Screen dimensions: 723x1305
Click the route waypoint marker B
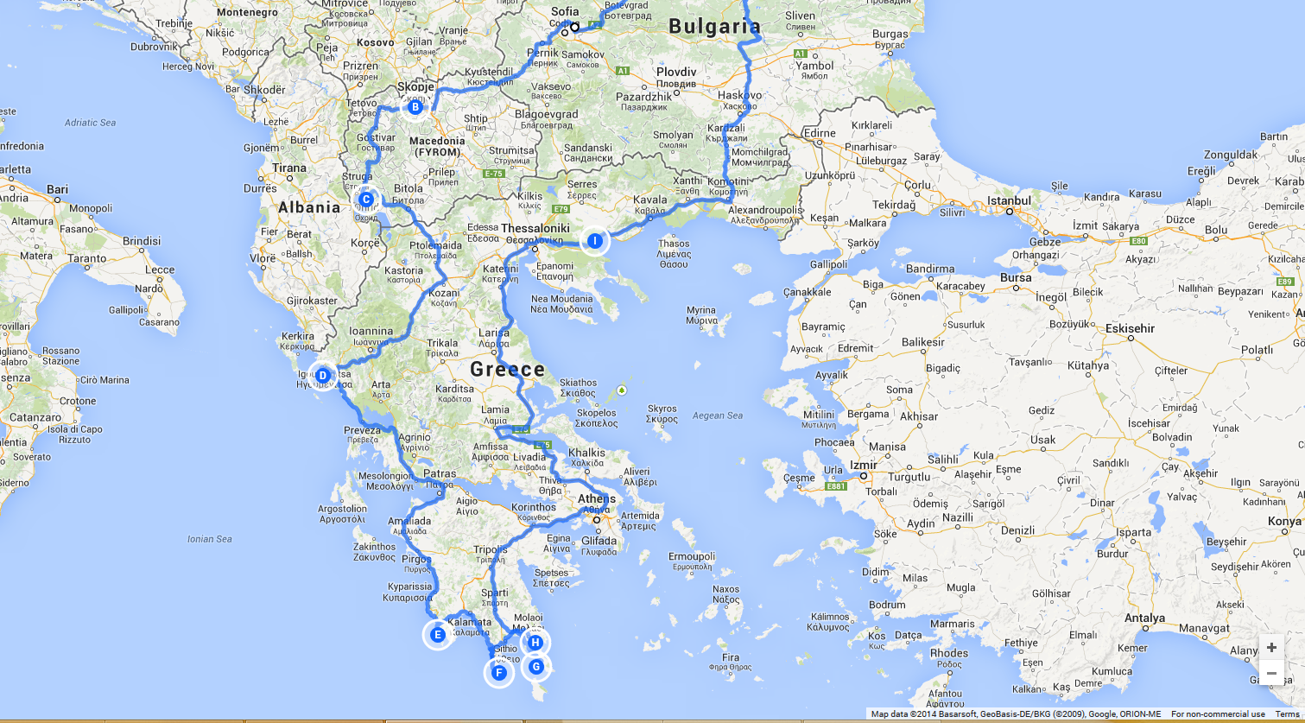pyautogui.click(x=415, y=107)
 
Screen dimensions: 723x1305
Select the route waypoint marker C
pyautogui.click(x=365, y=200)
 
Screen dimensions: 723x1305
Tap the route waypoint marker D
pyautogui.click(x=322, y=375)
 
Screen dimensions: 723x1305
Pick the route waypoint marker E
pyautogui.click(x=437, y=635)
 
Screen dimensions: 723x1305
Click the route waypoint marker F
pyautogui.click(x=498, y=673)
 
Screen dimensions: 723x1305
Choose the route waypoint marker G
pyautogui.click(x=536, y=666)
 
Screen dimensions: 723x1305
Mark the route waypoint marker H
pyautogui.click(x=535, y=642)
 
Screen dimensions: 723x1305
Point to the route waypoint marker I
pyautogui.click(x=595, y=240)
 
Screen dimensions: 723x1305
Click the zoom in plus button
pyautogui.click(x=1271, y=648)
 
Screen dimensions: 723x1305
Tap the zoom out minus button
pyautogui.click(x=1271, y=673)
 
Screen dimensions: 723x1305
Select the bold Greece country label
pyautogui.click(x=507, y=370)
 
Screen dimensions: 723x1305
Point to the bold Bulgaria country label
pyautogui.click(x=714, y=26)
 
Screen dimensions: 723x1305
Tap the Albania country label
pyautogui.click(x=309, y=207)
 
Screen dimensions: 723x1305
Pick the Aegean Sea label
pyautogui.click(x=717, y=415)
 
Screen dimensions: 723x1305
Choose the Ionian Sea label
pyautogui.click(x=210, y=539)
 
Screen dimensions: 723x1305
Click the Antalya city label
pyautogui.click(x=1145, y=618)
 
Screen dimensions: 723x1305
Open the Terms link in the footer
pyautogui.click(x=1287, y=714)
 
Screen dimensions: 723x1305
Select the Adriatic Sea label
pyautogui.click(x=90, y=123)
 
